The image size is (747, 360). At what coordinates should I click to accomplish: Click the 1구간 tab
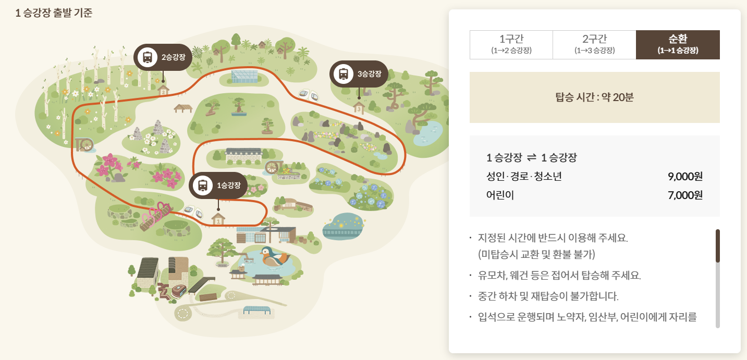pyautogui.click(x=511, y=44)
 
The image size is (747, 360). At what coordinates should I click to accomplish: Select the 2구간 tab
pyautogui.click(x=594, y=44)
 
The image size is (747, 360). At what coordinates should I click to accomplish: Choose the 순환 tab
pyautogui.click(x=678, y=44)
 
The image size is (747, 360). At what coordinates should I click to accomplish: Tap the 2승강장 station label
pyautogui.click(x=163, y=57)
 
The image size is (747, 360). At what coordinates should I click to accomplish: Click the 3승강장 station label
pyautogui.click(x=359, y=74)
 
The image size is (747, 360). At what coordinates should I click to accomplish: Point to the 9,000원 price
pyautogui.click(x=685, y=177)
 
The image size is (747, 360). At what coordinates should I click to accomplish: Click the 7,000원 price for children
pyautogui.click(x=685, y=195)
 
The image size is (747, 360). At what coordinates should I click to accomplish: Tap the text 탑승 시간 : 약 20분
pyautogui.click(x=594, y=97)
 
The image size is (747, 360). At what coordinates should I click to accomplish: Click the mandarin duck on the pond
pyautogui.click(x=274, y=256)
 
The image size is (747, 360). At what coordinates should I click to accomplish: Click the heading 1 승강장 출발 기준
pyautogui.click(x=54, y=13)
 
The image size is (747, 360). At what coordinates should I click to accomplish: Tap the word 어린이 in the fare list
pyautogui.click(x=500, y=195)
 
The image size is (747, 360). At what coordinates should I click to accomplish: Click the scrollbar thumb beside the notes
pyautogui.click(x=717, y=246)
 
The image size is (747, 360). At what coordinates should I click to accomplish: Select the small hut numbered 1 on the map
pyautogui.click(x=218, y=219)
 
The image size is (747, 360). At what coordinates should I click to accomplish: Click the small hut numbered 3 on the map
pyautogui.click(x=359, y=108)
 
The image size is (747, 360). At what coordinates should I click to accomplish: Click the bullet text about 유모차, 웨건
pyautogui.click(x=559, y=275)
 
